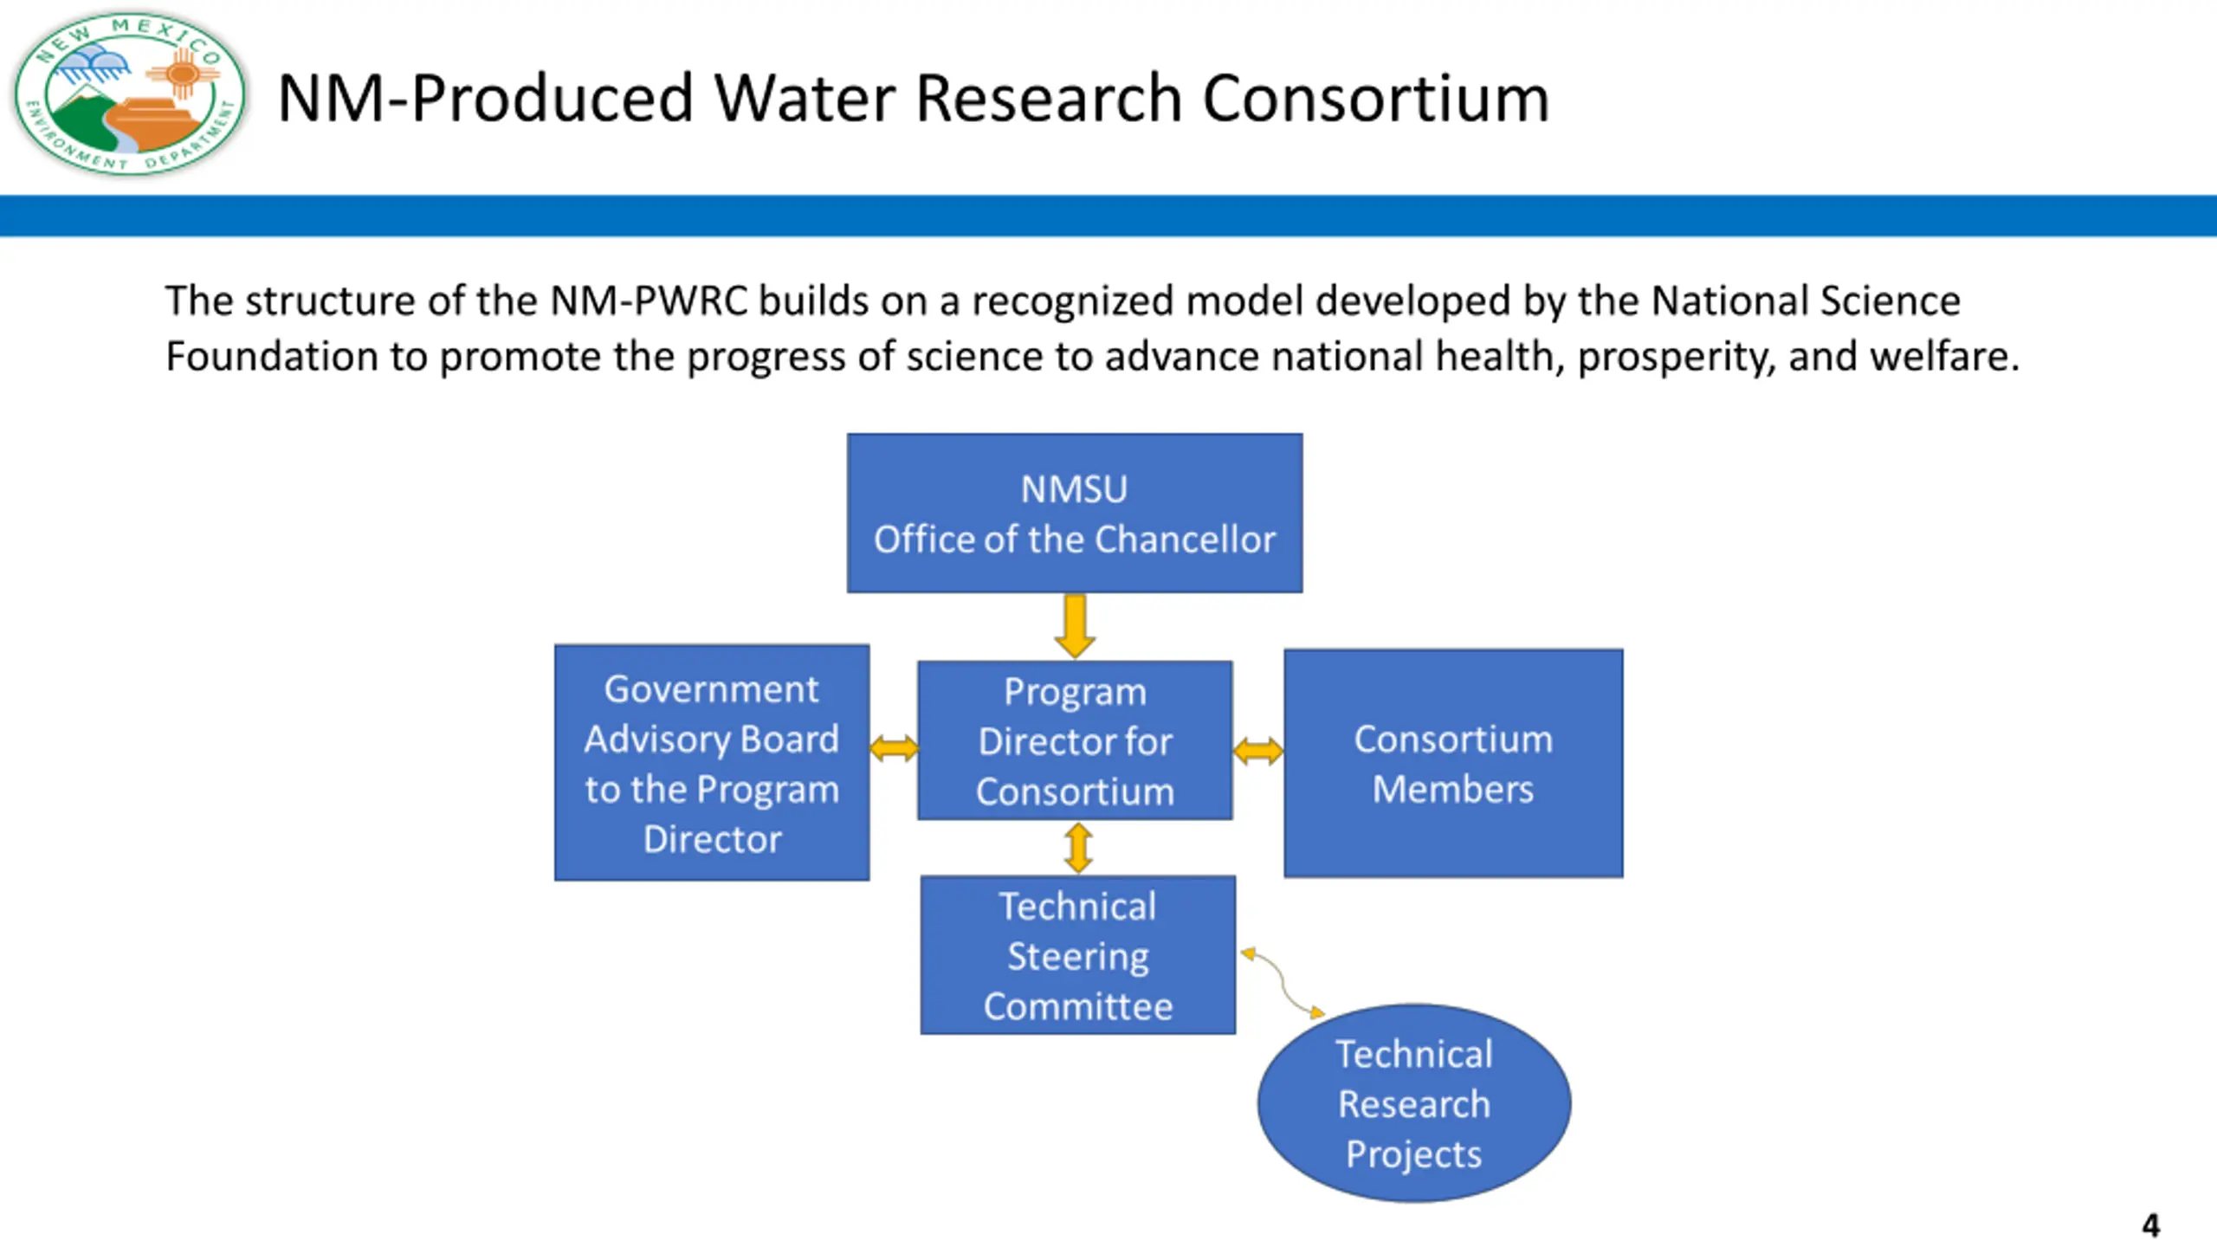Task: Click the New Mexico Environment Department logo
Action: pos(130,94)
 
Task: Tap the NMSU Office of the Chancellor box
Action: pos(1074,514)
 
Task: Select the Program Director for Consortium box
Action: pos(1075,740)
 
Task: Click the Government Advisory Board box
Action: pos(712,763)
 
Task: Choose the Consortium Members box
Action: pos(1453,763)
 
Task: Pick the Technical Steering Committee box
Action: pos(1077,955)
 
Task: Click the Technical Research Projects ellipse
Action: pos(1413,1103)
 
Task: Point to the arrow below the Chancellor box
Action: pos(1075,625)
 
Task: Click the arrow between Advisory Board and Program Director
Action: pos(894,748)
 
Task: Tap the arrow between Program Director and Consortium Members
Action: pos(1257,751)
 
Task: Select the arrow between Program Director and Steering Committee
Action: pos(1078,848)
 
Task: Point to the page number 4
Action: pos(2150,1225)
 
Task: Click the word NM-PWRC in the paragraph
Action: pos(649,301)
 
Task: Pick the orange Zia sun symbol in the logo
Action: pos(183,74)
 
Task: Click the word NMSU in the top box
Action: pos(1074,489)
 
